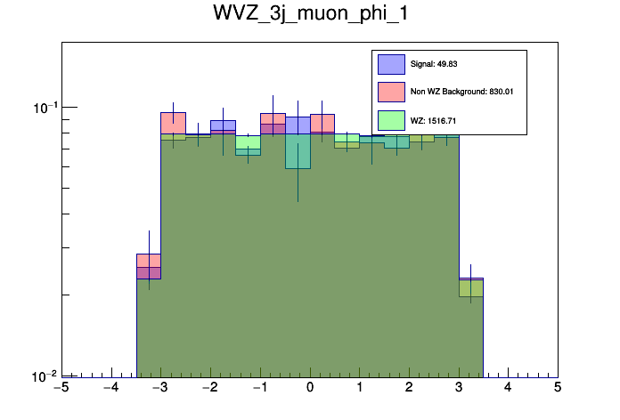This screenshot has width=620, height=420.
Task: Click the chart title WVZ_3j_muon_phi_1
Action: point(310,15)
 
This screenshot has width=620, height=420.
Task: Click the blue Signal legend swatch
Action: point(391,64)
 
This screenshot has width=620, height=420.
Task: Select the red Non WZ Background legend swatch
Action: point(391,92)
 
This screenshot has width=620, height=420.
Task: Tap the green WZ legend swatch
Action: point(391,119)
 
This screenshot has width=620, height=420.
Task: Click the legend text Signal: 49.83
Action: point(434,64)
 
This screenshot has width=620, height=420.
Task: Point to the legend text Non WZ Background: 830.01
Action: point(461,92)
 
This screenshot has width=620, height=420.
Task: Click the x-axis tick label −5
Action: point(61,388)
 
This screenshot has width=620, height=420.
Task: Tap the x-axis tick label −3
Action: point(159,388)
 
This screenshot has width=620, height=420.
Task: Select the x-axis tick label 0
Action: point(310,388)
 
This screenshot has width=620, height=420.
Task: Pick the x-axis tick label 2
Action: point(409,388)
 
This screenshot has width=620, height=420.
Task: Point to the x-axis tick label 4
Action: point(508,388)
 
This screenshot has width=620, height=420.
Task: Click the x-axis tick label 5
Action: point(558,388)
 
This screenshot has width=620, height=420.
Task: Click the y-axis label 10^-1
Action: point(45,108)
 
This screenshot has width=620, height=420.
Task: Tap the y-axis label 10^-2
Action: point(45,376)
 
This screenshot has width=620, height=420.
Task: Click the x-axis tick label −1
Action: point(259,388)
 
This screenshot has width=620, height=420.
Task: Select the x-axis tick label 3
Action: point(459,388)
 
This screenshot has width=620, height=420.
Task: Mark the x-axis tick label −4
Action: point(110,388)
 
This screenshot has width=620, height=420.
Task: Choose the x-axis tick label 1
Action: point(359,388)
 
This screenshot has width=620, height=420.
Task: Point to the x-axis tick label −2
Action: point(209,388)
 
